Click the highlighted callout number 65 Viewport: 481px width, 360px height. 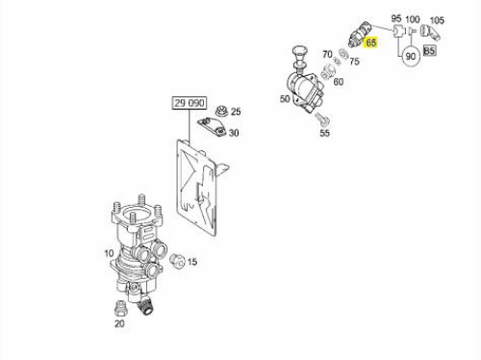[x=371, y=42]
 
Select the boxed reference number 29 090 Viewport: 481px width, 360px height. [x=190, y=103]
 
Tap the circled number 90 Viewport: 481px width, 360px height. [x=411, y=56]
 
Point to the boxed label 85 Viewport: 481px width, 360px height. [x=430, y=50]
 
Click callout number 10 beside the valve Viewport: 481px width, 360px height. [x=109, y=253]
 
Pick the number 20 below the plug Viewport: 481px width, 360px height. [x=119, y=323]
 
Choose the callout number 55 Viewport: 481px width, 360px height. [x=324, y=133]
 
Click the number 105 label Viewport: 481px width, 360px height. [x=437, y=20]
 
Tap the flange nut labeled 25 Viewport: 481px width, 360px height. [x=221, y=112]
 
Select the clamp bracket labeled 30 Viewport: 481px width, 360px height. [x=212, y=127]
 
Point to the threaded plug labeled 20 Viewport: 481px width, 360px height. [x=120, y=308]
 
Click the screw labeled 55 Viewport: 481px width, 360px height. [x=321, y=119]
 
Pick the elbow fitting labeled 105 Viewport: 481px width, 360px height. [x=429, y=33]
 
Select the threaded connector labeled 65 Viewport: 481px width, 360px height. [x=359, y=34]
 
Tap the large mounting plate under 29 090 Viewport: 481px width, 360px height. [x=199, y=187]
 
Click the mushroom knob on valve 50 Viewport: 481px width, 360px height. [x=298, y=56]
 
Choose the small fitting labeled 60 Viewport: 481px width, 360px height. [x=328, y=71]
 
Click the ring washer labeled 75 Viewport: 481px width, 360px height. [x=343, y=53]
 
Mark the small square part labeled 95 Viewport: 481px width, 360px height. [x=398, y=31]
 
